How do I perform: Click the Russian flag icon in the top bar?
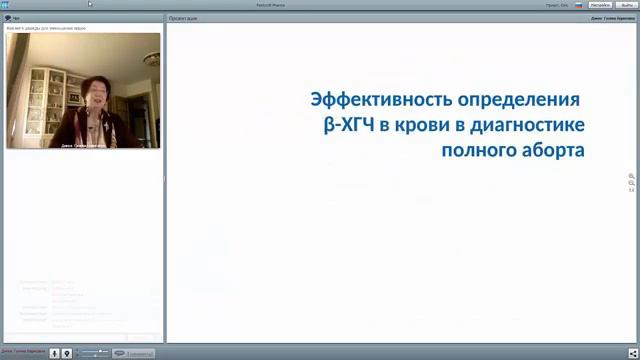click(x=578, y=5)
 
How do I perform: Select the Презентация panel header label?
click(x=183, y=18)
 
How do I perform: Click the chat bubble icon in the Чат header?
click(x=8, y=18)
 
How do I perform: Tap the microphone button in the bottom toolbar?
click(x=54, y=353)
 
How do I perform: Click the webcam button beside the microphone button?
click(x=67, y=353)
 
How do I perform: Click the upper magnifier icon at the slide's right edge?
click(x=631, y=176)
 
